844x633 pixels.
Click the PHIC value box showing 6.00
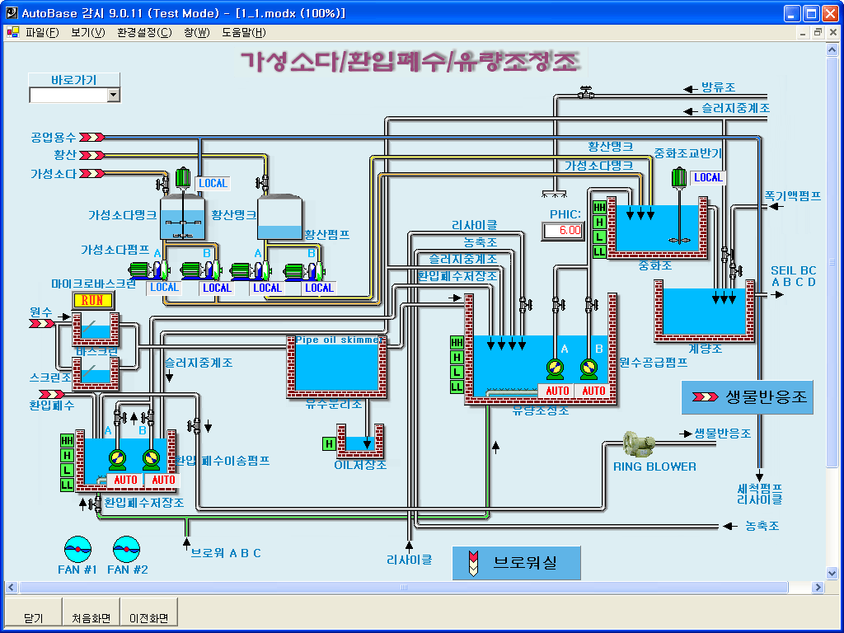[x=562, y=231]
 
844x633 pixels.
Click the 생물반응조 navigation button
[x=747, y=397]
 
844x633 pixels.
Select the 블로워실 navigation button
[x=516, y=563]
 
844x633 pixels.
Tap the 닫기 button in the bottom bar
[x=33, y=617]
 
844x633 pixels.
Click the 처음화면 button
[x=91, y=617]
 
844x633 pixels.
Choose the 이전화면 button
[x=148, y=617]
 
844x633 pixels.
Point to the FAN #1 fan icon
[x=77, y=547]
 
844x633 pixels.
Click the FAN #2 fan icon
[x=127, y=547]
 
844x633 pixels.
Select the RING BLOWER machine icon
[x=638, y=445]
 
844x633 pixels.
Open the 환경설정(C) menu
[x=144, y=33]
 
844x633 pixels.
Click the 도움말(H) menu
[x=243, y=33]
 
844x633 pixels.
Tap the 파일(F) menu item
[x=42, y=33]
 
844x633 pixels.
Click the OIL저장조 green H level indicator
[x=329, y=444]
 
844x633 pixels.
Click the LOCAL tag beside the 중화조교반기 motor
[x=707, y=177]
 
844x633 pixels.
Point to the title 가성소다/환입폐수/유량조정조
[x=409, y=63]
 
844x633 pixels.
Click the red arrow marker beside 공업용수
[x=91, y=138]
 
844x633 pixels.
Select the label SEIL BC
[x=793, y=270]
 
